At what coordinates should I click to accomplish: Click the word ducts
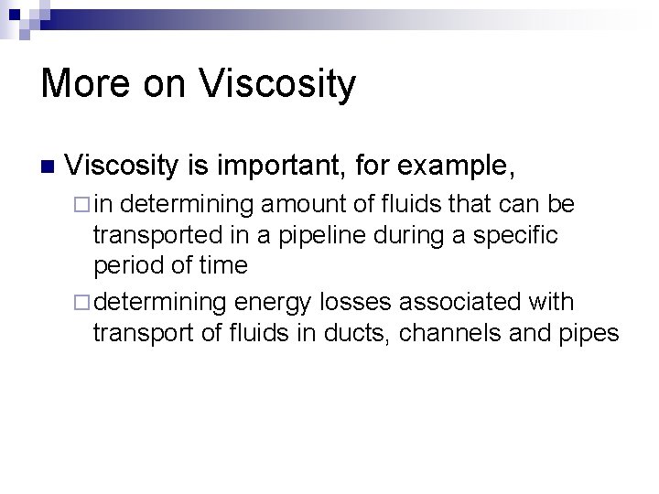pyautogui.click(x=356, y=333)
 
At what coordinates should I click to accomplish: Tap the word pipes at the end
pyautogui.click(x=589, y=333)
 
